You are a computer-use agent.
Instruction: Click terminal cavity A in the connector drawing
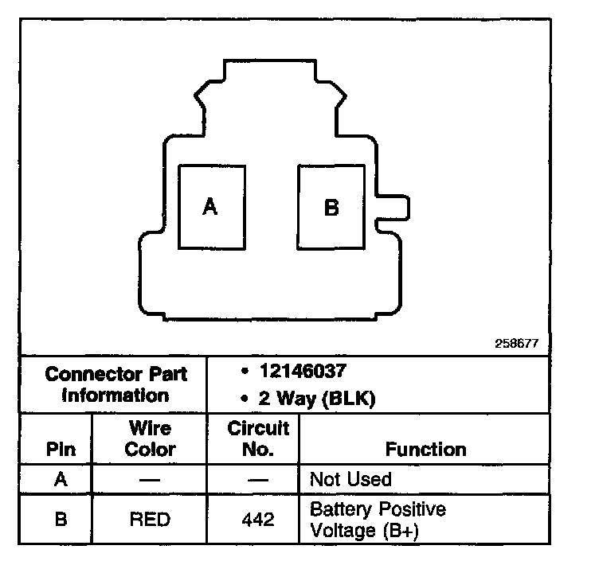[x=211, y=207]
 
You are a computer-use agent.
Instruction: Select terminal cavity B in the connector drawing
[x=331, y=208]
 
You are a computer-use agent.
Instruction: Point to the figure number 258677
[x=517, y=344]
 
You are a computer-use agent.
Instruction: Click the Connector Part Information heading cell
[x=115, y=384]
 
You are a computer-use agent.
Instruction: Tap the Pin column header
[x=61, y=449]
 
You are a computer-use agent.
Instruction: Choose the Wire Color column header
[x=150, y=438]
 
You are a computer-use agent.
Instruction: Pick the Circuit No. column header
[x=258, y=438]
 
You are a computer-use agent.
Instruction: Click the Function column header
[x=425, y=449]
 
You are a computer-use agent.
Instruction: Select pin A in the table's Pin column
[x=61, y=479]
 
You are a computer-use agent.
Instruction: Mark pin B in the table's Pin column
[x=61, y=519]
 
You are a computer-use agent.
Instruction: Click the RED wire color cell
[x=150, y=519]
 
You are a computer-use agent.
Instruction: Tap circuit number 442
[x=258, y=519]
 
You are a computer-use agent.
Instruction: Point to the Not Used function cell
[x=350, y=479]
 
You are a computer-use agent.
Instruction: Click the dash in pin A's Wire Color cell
[x=150, y=480]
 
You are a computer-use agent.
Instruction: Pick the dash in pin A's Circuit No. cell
[x=258, y=480]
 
